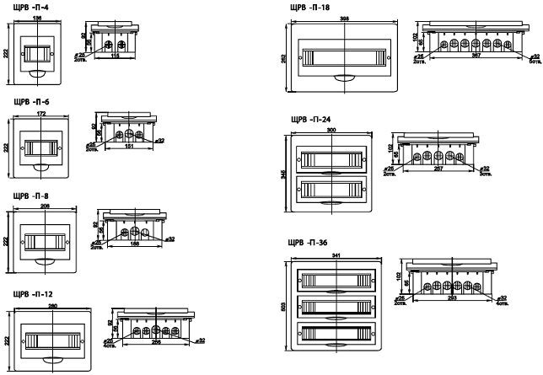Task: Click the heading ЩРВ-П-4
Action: (24, 7)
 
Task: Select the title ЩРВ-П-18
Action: (310, 7)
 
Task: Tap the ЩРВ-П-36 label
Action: (309, 243)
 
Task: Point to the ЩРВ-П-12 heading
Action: (26, 295)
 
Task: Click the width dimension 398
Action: (343, 17)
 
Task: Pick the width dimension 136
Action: (35, 18)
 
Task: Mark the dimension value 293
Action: (454, 298)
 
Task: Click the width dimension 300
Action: (331, 131)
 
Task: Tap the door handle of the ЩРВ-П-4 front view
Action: (36, 75)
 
